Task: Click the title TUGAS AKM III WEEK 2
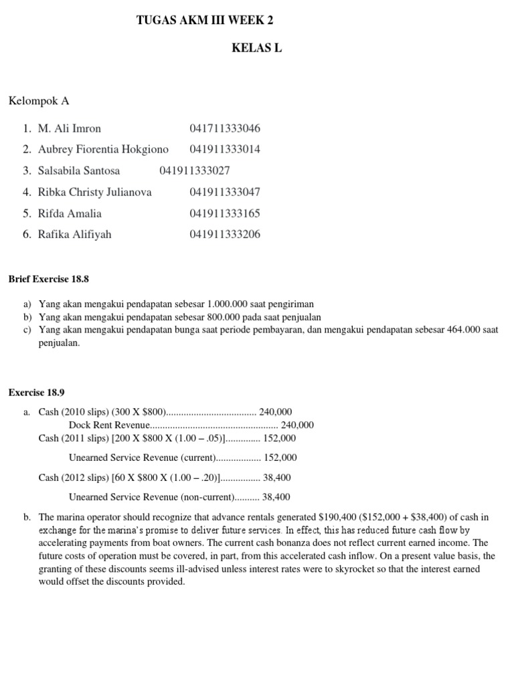tap(205, 21)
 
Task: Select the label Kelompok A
tap(39, 101)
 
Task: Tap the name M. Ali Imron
tap(70, 128)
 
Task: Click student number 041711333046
tap(225, 128)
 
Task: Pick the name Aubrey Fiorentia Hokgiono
tap(103, 149)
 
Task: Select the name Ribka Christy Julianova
tap(95, 192)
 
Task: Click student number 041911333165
tap(225, 213)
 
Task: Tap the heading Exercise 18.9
tap(35, 392)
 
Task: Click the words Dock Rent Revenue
tap(109, 425)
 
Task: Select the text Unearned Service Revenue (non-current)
tap(151, 497)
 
